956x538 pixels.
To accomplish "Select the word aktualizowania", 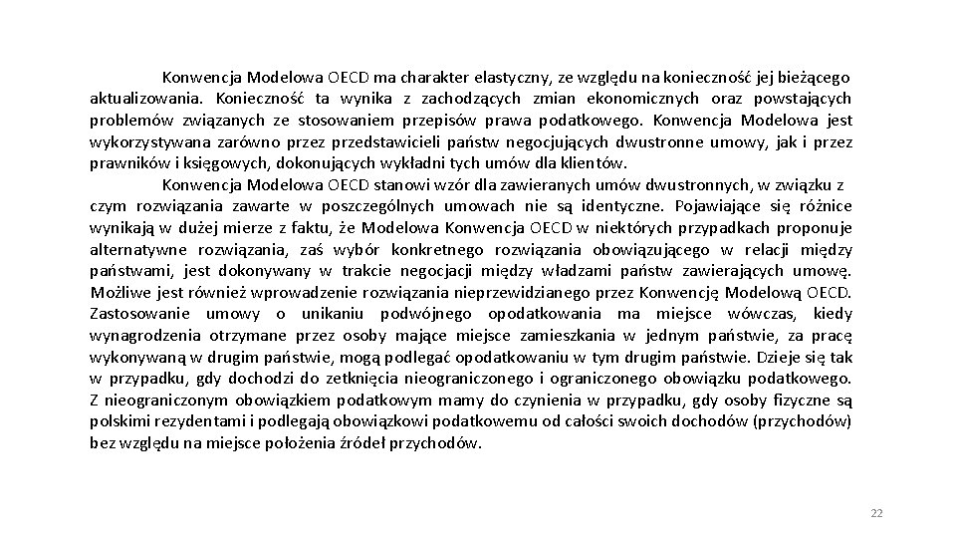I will [145, 99].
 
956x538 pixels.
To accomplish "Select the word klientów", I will [597, 163].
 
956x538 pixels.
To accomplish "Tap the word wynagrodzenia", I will [144, 336].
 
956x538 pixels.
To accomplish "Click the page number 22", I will [876, 513].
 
